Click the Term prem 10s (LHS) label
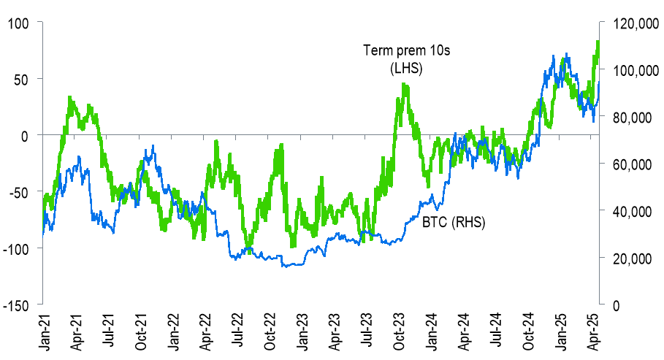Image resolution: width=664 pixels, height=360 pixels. (394, 59)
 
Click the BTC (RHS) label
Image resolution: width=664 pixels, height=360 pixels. (454, 221)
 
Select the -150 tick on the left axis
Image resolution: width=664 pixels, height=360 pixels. (15, 305)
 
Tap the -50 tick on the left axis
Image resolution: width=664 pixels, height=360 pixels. (17, 191)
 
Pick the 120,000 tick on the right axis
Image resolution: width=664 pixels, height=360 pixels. (633, 24)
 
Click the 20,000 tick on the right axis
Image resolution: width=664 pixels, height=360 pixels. (630, 258)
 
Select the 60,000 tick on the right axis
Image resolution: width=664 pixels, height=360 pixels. (630, 165)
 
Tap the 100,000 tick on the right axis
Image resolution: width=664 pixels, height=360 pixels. (633, 71)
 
